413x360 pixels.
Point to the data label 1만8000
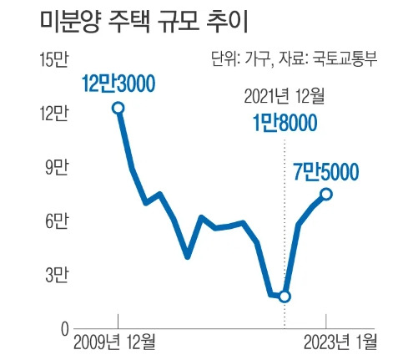285,124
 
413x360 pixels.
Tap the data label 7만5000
325,172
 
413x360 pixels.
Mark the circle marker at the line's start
118,108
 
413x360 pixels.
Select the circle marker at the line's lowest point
285,297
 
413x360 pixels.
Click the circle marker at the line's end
326,194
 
